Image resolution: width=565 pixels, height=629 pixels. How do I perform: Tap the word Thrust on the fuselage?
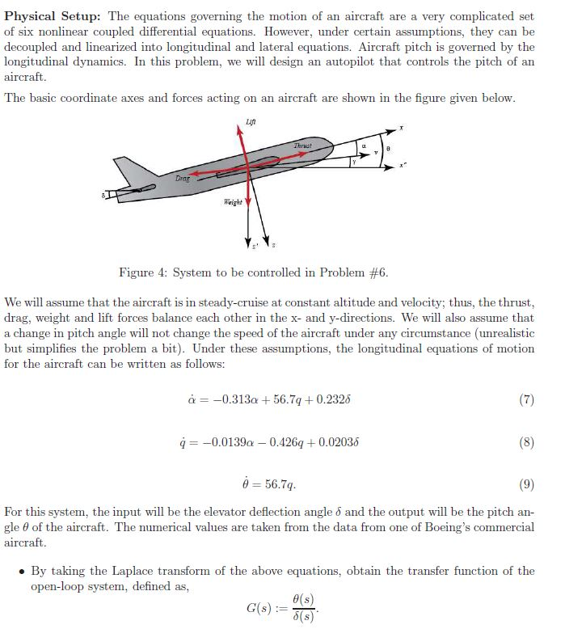(302, 146)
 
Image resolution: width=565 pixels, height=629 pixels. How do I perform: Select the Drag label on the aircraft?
(183, 176)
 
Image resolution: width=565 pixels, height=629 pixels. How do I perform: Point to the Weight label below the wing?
(232, 201)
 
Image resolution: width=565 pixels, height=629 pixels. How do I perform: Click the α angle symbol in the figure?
(365, 146)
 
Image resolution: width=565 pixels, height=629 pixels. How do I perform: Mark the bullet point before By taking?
(21, 572)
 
